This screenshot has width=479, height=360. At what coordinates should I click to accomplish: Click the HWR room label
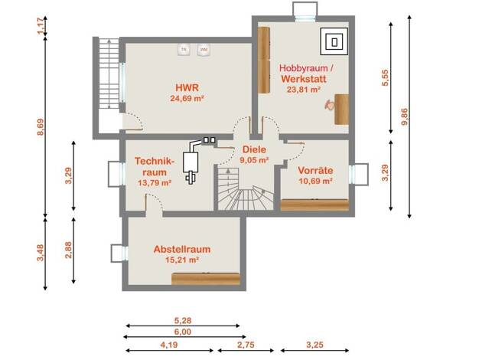pyautogui.click(x=187, y=87)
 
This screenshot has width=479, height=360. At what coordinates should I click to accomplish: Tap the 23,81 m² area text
pyautogui.click(x=303, y=90)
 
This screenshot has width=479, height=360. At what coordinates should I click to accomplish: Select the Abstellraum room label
pyautogui.click(x=182, y=249)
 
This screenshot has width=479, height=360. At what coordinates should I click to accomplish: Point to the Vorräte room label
pyautogui.click(x=315, y=170)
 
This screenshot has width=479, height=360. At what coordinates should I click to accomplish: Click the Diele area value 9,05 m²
pyautogui.click(x=254, y=159)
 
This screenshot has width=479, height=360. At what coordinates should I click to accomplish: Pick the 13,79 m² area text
pyautogui.click(x=155, y=183)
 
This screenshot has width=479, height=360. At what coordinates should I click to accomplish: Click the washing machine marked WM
pyautogui.click(x=204, y=49)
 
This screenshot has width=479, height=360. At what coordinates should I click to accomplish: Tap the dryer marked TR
pyautogui.click(x=184, y=49)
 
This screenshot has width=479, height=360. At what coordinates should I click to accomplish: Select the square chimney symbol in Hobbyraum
pyautogui.click(x=334, y=41)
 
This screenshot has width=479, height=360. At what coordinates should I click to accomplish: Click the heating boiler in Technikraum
pyautogui.click(x=191, y=161)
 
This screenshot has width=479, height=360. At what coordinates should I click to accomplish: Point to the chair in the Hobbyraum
pyautogui.click(x=329, y=105)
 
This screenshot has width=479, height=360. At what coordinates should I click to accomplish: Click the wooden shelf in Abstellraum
pyautogui.click(x=206, y=279)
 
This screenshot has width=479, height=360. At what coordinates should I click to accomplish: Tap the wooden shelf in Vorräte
pyautogui.click(x=314, y=205)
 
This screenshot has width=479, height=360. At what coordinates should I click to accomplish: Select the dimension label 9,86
pyautogui.click(x=406, y=116)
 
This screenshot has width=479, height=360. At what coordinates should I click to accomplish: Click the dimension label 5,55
pyautogui.click(x=386, y=77)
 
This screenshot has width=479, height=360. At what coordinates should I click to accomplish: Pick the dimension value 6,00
pyautogui.click(x=183, y=332)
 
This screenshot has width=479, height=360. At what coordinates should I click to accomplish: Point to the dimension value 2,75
pyautogui.click(x=246, y=345)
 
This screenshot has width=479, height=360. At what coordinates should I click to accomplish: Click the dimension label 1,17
pyautogui.click(x=41, y=26)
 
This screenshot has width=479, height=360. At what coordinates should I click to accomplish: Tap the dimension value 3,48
pyautogui.click(x=41, y=253)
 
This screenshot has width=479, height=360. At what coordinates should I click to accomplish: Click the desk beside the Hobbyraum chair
pyautogui.click(x=341, y=110)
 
